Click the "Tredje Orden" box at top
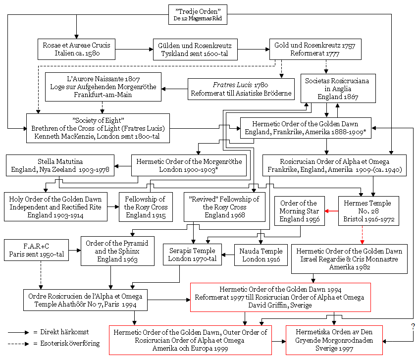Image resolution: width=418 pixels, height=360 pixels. coord(198,15)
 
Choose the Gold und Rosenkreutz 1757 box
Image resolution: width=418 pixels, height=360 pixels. coord(315,49)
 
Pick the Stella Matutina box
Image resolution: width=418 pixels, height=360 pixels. coord(60,165)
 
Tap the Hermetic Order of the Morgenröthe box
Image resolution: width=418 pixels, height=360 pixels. coord(189,165)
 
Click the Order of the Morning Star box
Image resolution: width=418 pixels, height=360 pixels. coord(299,211)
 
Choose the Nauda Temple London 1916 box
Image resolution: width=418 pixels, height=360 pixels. coord(261,255)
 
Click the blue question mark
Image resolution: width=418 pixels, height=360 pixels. coord(413,326)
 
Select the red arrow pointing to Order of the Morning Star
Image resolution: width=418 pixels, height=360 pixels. coord(331,211)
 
